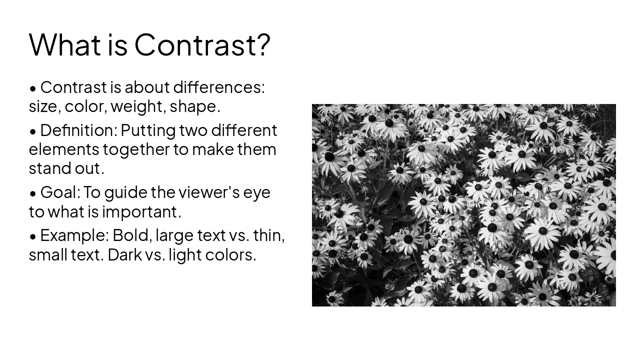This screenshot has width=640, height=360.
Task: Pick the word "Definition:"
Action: pyautogui.click(x=78, y=130)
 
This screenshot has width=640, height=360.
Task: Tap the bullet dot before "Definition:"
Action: pyautogui.click(x=33, y=131)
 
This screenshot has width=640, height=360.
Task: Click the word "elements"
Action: pyautogui.click(x=63, y=149)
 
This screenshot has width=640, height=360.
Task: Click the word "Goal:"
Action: pyautogui.click(x=60, y=192)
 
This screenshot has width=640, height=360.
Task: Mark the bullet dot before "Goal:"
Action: pyautogui.click(x=33, y=193)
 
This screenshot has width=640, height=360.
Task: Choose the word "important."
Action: pyautogui.click(x=141, y=212)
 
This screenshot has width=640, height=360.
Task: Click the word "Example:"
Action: pyautogui.click(x=74, y=235)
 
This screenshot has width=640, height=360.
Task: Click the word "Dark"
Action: pyautogui.click(x=118, y=255)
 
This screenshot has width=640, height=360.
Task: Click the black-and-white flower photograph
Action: pyautogui.click(x=463, y=205)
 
